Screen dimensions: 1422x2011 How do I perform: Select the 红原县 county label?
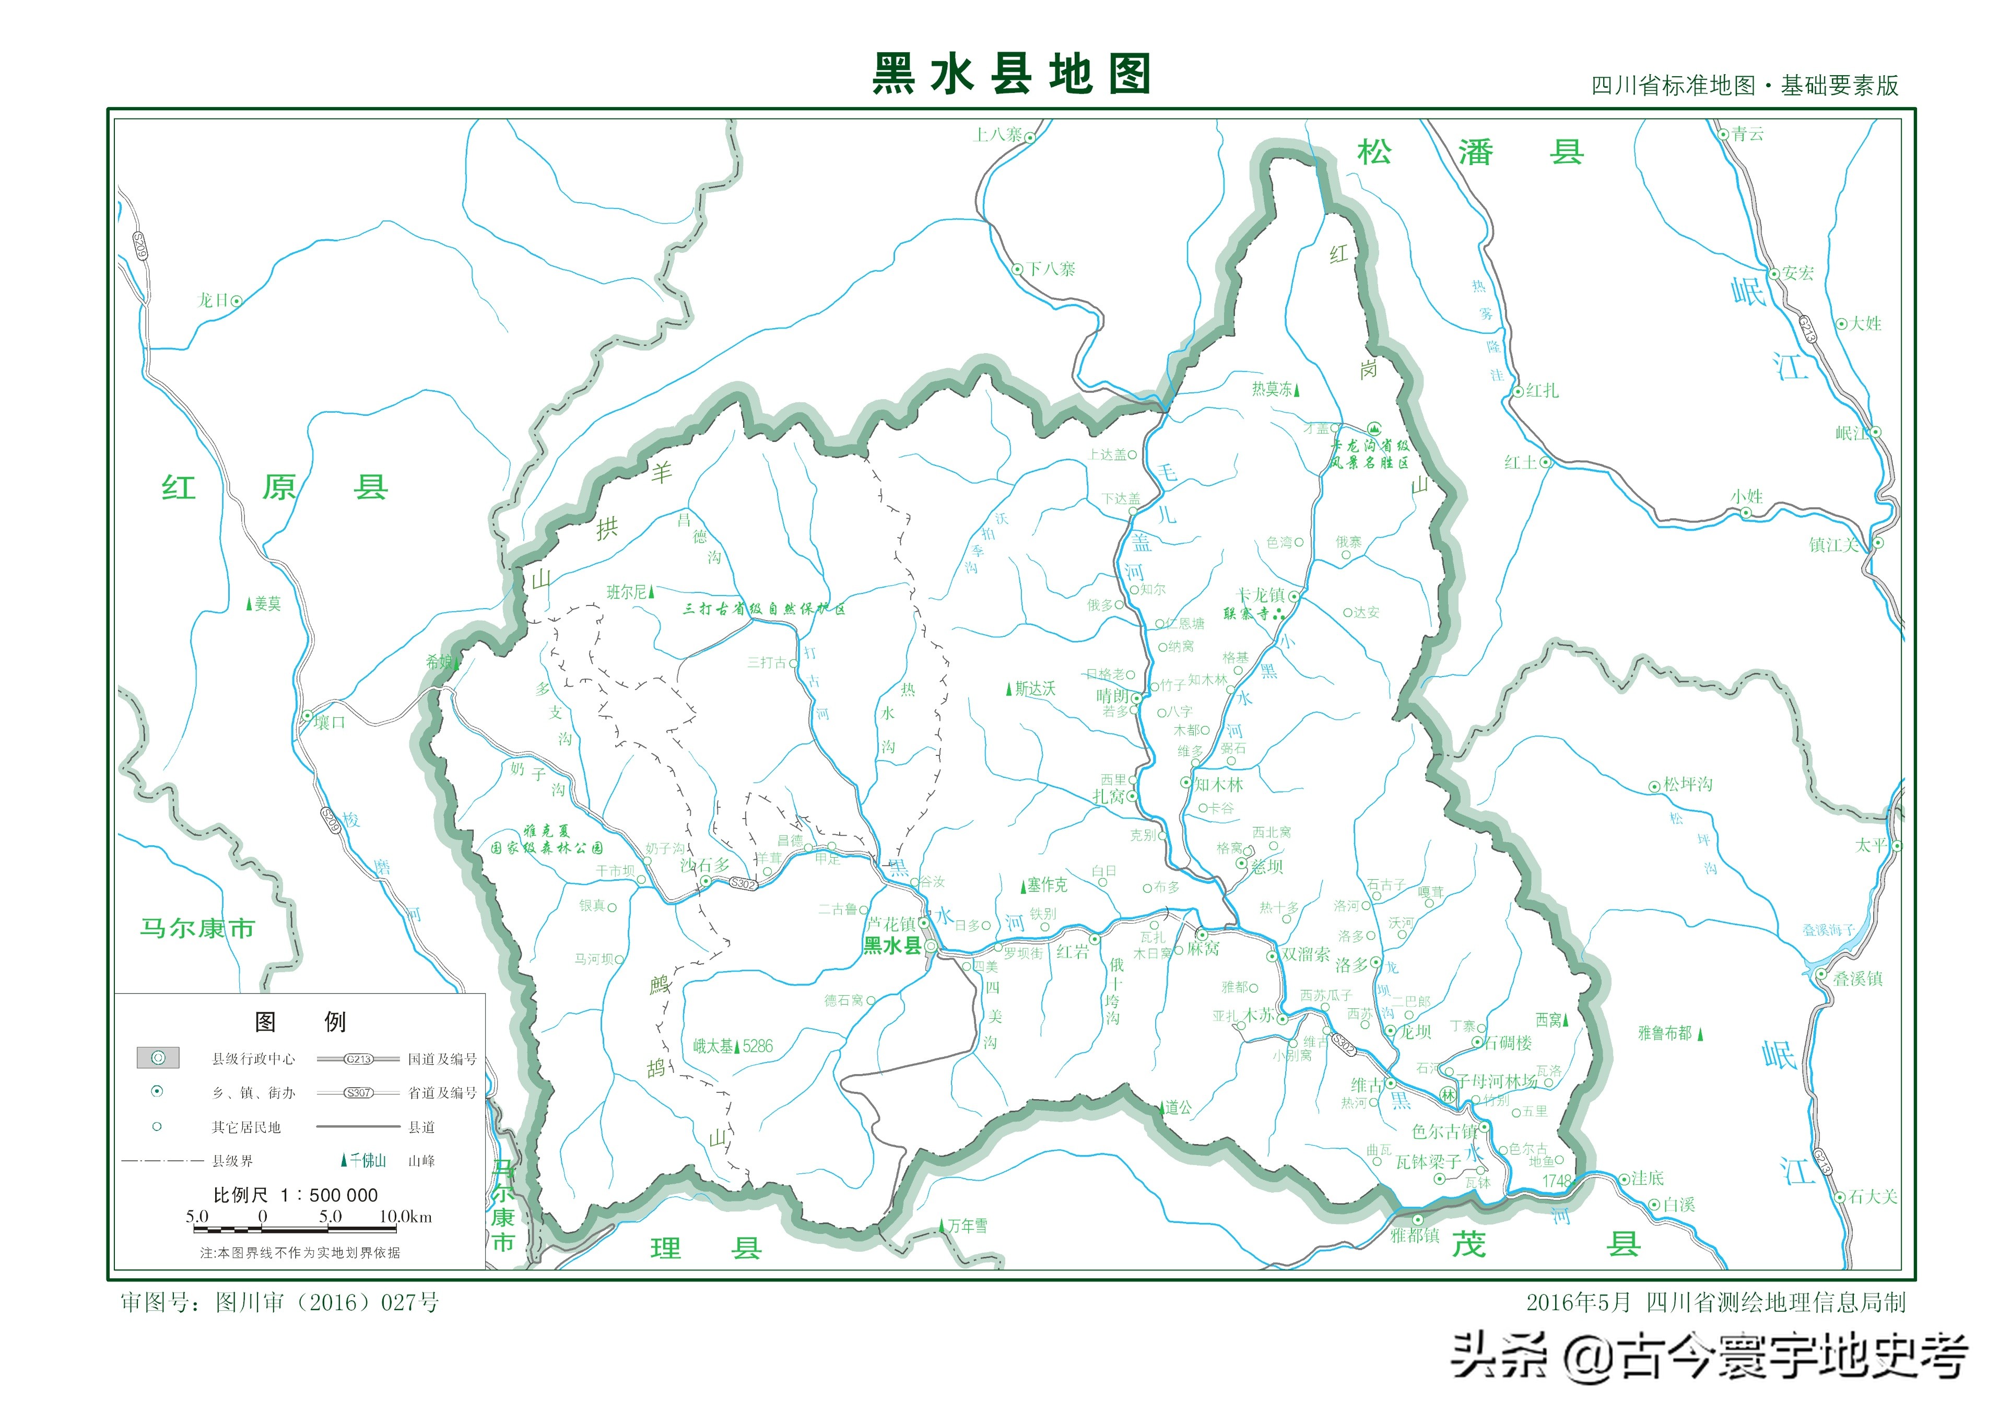[274, 487]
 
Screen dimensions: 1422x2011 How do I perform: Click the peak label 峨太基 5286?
[732, 1046]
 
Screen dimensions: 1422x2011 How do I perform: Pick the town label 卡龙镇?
[1261, 596]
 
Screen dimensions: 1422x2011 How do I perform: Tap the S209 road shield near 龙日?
[140, 246]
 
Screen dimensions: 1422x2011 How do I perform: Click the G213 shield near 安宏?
[1807, 330]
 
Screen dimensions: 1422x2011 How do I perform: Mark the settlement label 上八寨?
[997, 135]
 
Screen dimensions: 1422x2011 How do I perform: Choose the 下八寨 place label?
[1051, 269]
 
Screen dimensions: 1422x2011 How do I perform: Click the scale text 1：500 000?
[330, 1195]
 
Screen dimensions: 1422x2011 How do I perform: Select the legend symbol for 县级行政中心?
[158, 1057]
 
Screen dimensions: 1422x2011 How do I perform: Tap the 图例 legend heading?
[300, 1022]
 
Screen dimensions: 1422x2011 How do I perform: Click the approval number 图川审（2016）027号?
[327, 1303]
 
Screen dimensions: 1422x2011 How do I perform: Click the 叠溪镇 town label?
[1857, 978]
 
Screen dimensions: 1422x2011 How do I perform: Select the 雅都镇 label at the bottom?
[1415, 1235]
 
